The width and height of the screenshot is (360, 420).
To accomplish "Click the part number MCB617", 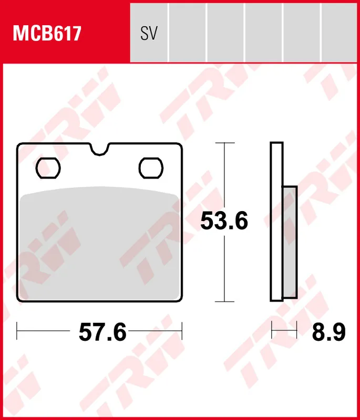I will (47, 34).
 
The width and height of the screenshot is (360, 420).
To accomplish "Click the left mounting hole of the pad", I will (49, 167).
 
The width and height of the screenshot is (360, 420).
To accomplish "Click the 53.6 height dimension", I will (224, 222).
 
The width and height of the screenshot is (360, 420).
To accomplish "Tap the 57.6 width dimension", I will (102, 332).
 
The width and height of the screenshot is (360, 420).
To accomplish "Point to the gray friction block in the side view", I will (290, 241).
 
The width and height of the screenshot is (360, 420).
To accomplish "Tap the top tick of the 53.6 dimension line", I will (225, 143).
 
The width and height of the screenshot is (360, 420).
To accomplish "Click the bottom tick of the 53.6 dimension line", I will (225, 301).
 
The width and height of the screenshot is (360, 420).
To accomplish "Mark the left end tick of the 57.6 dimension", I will (17, 331).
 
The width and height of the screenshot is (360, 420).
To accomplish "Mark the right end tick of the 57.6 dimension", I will (182, 331).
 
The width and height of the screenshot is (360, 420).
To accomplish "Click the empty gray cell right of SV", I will (187, 31).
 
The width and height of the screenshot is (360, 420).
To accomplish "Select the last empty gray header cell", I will (341, 31).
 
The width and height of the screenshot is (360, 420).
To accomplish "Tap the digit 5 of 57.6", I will (86, 332).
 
